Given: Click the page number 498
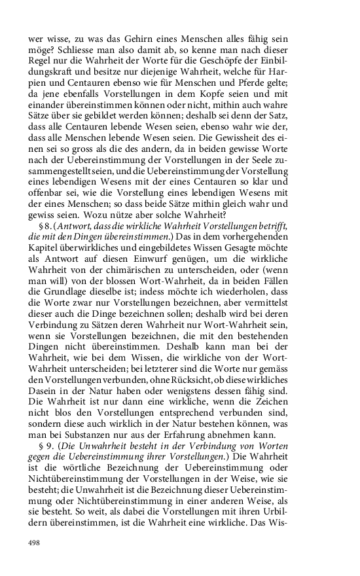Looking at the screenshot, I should (x=34, y=543).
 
